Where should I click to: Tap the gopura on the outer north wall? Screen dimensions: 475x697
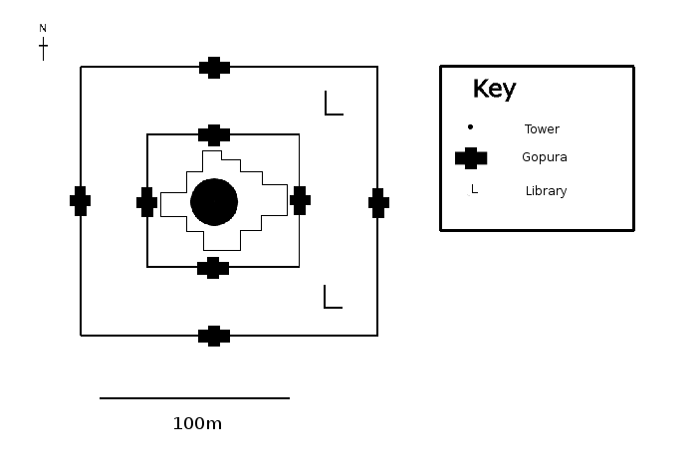coord(214,68)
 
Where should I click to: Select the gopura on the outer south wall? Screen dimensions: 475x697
coord(214,336)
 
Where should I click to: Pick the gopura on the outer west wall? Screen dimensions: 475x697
coord(81,201)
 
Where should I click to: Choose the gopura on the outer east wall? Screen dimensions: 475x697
coord(378,202)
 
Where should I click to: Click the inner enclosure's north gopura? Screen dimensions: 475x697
coord(214,134)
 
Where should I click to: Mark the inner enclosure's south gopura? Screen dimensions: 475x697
coord(213,267)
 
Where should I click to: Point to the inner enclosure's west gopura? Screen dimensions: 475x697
coord(147,202)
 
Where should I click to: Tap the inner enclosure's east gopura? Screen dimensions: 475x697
coord(300,200)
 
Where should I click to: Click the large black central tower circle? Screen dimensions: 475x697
coord(214,202)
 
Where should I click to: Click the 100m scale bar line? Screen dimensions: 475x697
coord(194,398)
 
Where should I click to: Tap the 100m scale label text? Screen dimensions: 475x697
coord(197,423)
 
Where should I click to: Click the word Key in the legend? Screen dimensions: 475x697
coord(494,89)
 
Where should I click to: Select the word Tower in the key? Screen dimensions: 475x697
coord(542,129)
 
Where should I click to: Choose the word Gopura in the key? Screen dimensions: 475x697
coord(545,157)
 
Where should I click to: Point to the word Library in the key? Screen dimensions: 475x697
coord(546,191)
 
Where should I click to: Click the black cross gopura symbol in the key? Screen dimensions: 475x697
coord(471,157)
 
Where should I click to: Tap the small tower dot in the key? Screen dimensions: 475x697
coord(470,127)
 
